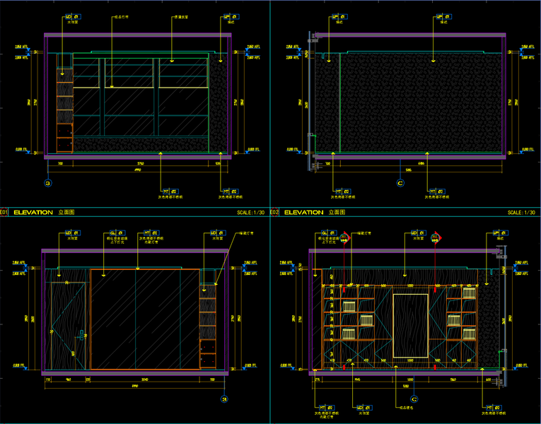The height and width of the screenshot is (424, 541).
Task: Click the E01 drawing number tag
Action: tap(4, 211)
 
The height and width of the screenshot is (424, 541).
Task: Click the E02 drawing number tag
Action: tap(275, 211)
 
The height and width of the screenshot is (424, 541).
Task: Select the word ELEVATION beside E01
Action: tap(33, 211)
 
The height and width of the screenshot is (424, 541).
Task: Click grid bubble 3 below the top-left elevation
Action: tap(47, 183)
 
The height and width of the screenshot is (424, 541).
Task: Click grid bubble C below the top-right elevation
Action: tap(400, 183)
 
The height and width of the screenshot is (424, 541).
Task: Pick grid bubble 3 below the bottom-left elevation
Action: tap(224, 399)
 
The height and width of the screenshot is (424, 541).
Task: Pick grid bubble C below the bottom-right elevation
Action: tap(414, 399)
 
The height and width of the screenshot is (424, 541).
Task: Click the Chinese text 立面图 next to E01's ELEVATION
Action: tap(66, 211)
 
